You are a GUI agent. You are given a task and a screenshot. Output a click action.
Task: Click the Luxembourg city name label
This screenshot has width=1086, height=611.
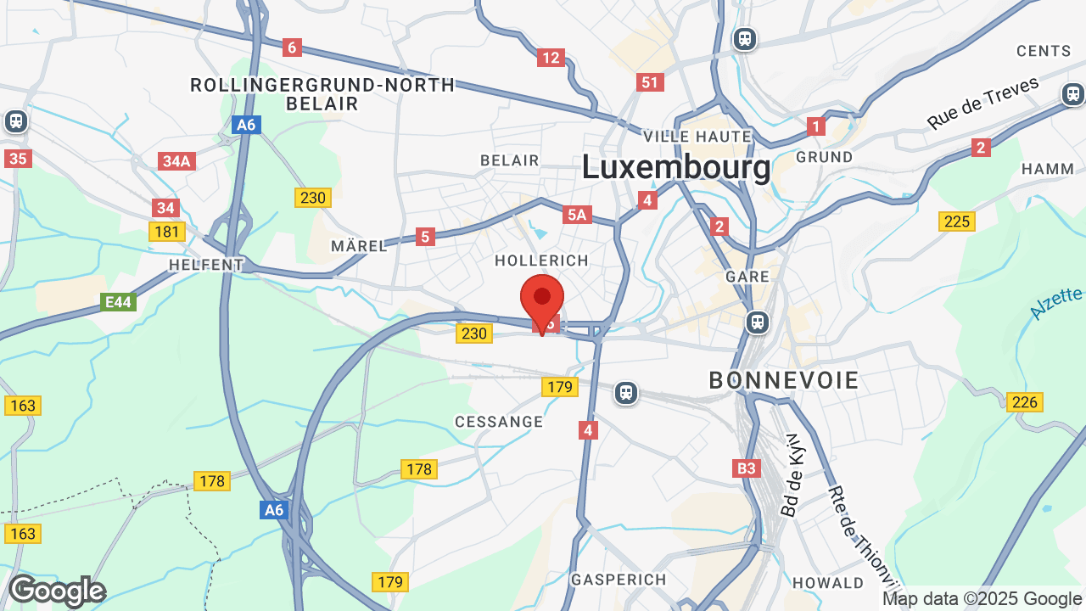pyautogui.click(x=676, y=168)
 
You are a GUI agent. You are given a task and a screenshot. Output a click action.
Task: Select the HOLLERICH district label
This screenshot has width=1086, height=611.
pyautogui.click(x=540, y=260)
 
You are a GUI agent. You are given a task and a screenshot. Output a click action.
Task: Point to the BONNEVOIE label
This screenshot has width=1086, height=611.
pyautogui.click(x=784, y=381)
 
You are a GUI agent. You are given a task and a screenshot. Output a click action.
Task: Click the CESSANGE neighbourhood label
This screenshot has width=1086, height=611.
pyautogui.click(x=499, y=422)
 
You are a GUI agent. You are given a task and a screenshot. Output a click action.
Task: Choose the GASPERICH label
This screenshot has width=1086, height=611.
pyautogui.click(x=619, y=580)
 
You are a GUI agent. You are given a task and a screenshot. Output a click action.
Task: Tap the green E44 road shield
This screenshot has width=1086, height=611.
pyautogui.click(x=118, y=301)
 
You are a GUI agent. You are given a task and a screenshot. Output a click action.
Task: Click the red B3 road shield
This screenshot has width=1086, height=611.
pyautogui.click(x=746, y=468)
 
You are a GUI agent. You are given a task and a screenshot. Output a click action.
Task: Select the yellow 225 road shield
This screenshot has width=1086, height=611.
pyautogui.click(x=957, y=221)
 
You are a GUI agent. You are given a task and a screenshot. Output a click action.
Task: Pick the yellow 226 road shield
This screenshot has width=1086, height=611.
pyautogui.click(x=1025, y=401)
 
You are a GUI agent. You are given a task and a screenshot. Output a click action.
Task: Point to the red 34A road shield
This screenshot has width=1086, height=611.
pyautogui.click(x=176, y=161)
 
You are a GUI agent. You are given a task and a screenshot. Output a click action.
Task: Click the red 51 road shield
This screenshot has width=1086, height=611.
pyautogui.click(x=650, y=82)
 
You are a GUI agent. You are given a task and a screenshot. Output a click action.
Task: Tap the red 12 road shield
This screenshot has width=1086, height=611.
pyautogui.click(x=551, y=58)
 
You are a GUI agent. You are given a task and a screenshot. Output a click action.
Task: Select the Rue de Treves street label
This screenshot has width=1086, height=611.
pyautogui.click(x=982, y=104)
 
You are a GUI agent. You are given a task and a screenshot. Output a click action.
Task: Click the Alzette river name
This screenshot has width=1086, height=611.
pyautogui.click(x=1056, y=303)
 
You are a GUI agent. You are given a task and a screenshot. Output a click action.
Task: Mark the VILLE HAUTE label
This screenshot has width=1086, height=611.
pyautogui.click(x=697, y=137)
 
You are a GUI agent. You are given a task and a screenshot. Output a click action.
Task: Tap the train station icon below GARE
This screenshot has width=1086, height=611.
pyautogui.click(x=757, y=322)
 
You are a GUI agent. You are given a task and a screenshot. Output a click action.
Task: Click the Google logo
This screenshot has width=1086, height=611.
pyautogui.click(x=57, y=591)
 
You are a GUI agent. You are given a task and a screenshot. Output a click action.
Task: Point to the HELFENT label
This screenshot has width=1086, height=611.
pyautogui.click(x=206, y=265)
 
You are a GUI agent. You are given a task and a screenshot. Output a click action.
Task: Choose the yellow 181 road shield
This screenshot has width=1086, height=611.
pyautogui.click(x=166, y=231)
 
